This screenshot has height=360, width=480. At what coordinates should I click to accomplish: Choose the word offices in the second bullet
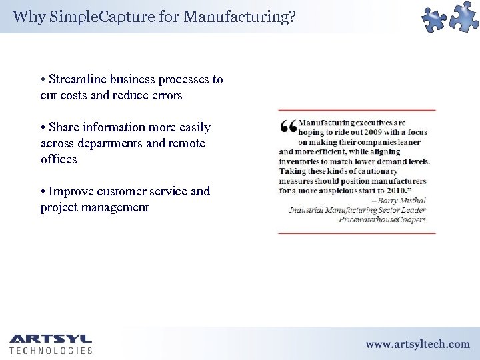tap(59, 159)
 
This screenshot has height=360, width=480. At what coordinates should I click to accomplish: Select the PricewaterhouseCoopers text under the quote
tap(382, 219)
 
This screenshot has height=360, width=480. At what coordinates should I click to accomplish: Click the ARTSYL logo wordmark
tap(51, 339)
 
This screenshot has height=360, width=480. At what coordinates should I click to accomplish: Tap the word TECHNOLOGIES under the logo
tap(51, 351)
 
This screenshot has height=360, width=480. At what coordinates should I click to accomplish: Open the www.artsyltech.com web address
tap(417, 344)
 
